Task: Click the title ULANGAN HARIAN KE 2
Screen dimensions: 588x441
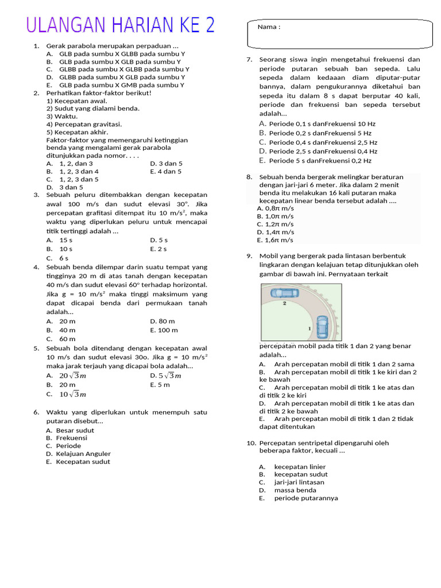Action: point(121,26)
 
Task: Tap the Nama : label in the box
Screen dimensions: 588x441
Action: point(269,27)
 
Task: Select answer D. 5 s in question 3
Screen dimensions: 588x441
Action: point(159,240)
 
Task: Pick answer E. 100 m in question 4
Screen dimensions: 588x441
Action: point(164,330)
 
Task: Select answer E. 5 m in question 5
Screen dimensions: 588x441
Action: point(160,385)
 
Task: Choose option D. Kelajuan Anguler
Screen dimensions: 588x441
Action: point(78,454)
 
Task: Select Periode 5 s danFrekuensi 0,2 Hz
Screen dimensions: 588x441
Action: point(315,161)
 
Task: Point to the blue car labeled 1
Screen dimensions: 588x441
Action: point(322,327)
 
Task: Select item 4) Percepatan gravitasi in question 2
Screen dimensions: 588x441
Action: point(84,124)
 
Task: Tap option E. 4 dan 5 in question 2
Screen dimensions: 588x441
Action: point(166,171)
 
